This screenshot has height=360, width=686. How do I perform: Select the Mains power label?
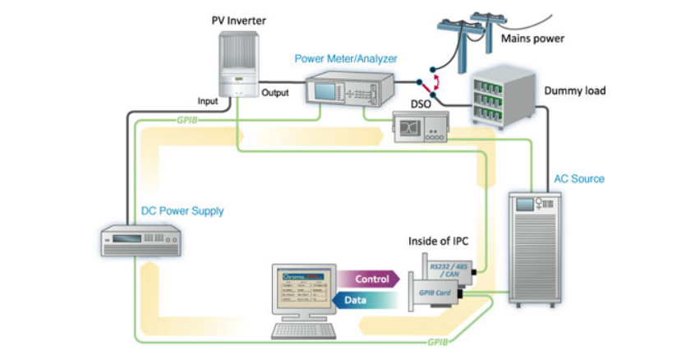pos(532,38)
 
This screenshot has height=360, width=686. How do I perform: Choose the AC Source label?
pos(578,178)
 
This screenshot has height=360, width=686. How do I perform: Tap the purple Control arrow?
pos(369,279)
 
